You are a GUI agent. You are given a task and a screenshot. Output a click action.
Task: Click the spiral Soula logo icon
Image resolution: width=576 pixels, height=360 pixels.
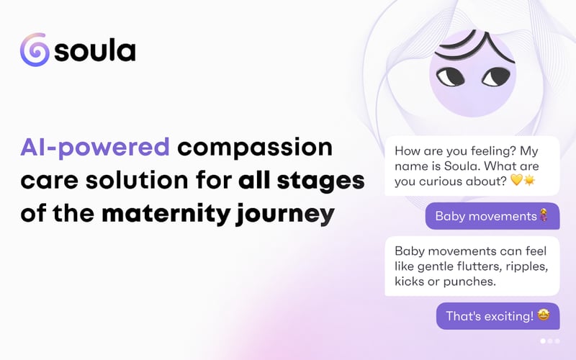tap(35, 51)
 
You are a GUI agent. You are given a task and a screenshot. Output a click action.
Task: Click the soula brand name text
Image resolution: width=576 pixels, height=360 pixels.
tap(95, 52)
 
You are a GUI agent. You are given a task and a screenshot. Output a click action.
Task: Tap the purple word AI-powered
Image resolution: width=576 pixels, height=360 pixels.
tap(95, 148)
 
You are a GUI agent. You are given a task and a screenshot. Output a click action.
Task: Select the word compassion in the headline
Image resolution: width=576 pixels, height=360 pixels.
tap(256, 148)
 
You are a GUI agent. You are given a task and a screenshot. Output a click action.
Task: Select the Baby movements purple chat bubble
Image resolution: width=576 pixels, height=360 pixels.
tap(492, 216)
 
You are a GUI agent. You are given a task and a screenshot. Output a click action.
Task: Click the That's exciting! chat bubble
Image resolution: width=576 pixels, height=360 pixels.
tap(498, 316)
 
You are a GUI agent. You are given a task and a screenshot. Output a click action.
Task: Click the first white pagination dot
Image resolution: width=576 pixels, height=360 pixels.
tap(542, 341)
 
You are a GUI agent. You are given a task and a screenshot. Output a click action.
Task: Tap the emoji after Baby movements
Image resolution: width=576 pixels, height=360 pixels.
tap(544, 216)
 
